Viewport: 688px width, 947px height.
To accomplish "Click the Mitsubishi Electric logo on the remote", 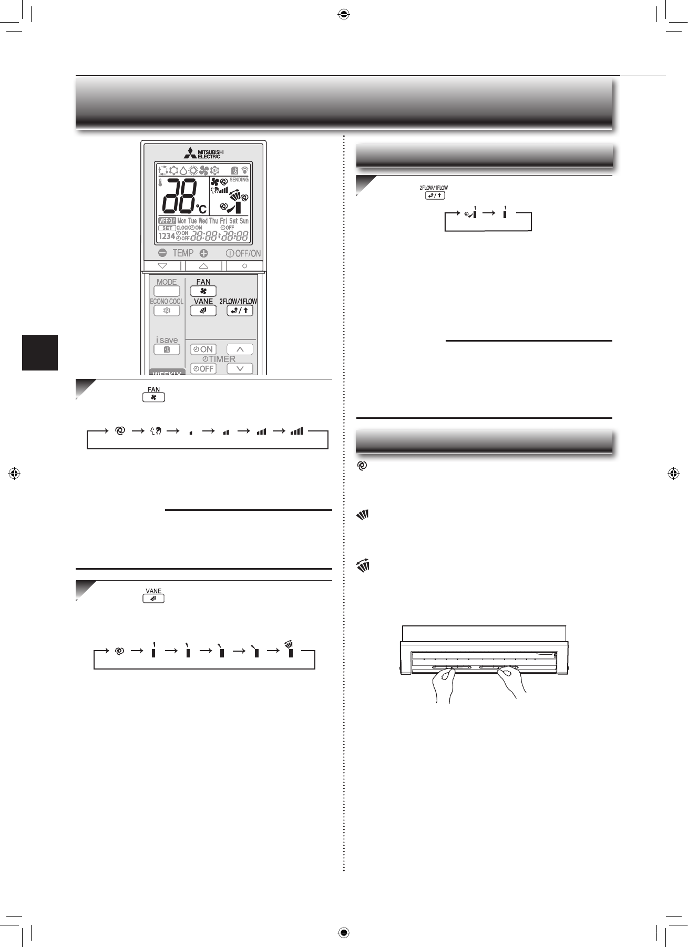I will click(203, 153).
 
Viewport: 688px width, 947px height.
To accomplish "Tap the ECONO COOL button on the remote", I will click(167, 311).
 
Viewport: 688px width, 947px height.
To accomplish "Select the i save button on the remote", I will click(167, 349).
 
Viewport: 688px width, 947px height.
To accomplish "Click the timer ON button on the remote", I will click(203, 349).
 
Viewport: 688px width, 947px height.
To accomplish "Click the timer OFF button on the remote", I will click(203, 369).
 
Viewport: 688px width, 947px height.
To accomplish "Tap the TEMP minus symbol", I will click(162, 253).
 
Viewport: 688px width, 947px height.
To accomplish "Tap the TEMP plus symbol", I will click(203, 253).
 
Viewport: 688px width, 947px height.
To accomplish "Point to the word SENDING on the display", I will click(239, 180).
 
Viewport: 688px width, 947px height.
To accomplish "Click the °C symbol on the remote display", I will click(202, 208).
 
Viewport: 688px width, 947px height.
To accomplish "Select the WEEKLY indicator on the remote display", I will click(167, 221).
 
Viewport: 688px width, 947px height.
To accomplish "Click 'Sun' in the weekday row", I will click(244, 221).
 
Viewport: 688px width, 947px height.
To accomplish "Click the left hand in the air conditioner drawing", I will click(443, 686).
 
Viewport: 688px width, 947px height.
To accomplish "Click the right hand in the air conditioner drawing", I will click(510, 683).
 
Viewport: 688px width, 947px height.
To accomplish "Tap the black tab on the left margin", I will click(40, 352).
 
